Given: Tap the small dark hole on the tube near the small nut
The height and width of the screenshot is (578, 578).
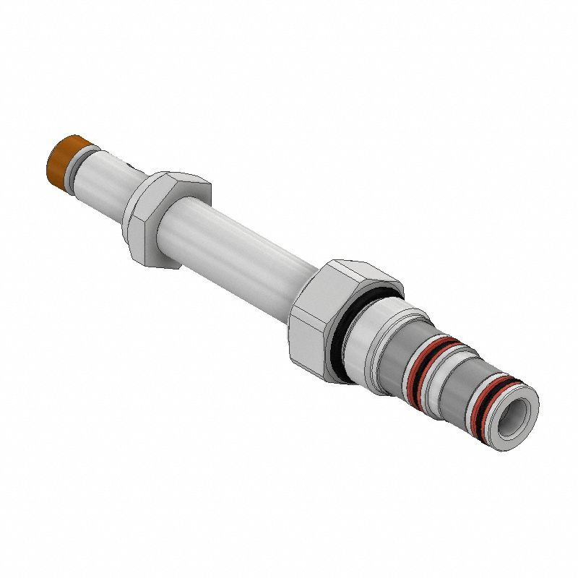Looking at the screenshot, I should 129,168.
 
